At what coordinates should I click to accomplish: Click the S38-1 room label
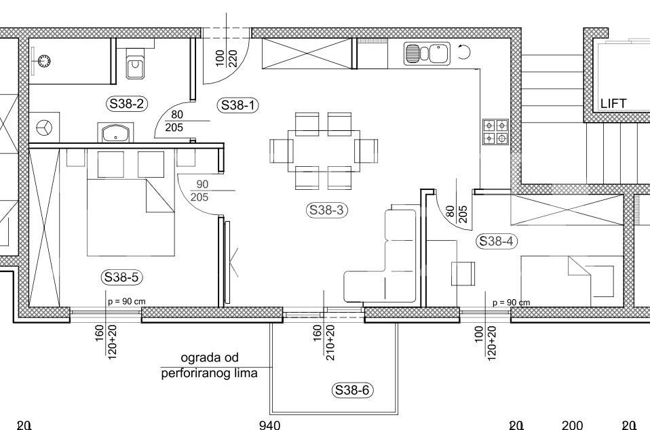[x=237, y=105]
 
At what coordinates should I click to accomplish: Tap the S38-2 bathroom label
[x=127, y=104]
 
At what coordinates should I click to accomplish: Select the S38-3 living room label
[x=326, y=210]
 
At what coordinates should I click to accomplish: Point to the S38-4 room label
[x=496, y=241]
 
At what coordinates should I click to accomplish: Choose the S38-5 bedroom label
[x=121, y=277]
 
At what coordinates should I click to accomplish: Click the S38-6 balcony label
[x=352, y=390]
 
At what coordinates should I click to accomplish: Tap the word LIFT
[x=613, y=103]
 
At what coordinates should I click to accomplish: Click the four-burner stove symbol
[x=495, y=132]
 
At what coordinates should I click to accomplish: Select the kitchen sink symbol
[x=427, y=54]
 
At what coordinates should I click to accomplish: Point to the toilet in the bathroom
[x=135, y=64]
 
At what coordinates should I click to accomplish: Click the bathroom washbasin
[x=115, y=132]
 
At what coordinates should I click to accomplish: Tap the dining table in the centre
[x=324, y=151]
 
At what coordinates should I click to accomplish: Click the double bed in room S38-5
[x=130, y=202]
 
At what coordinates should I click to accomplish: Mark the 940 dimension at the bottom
[x=269, y=425]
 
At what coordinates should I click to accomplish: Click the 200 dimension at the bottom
[x=573, y=425]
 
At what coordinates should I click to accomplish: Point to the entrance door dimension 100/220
[x=227, y=58]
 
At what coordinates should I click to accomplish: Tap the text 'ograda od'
[x=210, y=357]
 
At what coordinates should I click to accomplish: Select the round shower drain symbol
[x=44, y=61]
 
